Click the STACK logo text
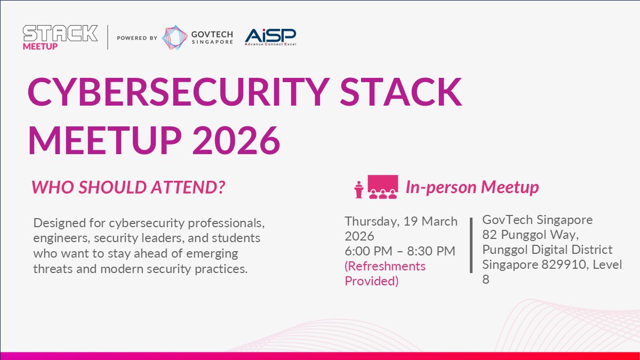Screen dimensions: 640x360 coord(60,33)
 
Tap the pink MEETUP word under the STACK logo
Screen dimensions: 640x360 coord(41,46)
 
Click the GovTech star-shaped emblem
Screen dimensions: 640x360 coord(174,37)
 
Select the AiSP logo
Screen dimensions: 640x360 coord(270,37)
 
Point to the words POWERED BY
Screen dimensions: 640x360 coord(137,38)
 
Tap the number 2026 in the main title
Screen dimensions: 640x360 coord(236,141)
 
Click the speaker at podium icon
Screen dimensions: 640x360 coord(359,189)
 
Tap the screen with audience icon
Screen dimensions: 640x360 coord(382,187)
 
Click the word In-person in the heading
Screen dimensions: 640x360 coord(441,187)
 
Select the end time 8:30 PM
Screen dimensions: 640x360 coord(431,251)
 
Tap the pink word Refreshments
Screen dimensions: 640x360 coord(385,266)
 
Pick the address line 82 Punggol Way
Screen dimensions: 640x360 coord(531,235)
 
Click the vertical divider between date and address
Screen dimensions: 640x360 coord(471,245)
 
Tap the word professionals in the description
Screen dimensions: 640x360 coord(226,223)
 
